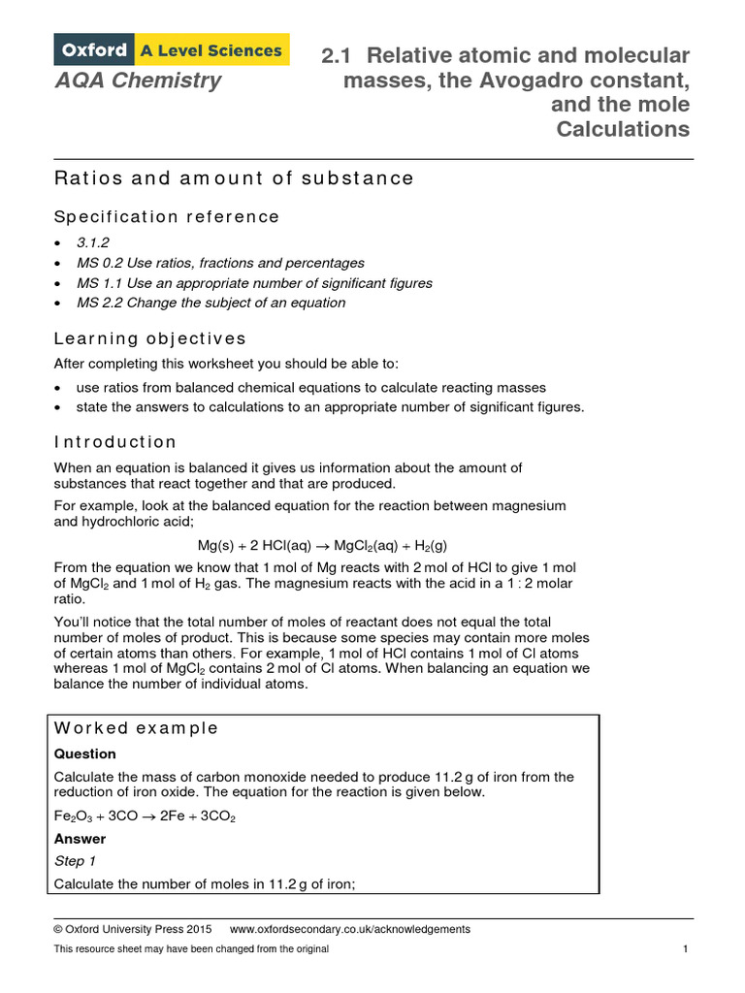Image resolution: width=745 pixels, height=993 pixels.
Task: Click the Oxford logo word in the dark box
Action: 95,49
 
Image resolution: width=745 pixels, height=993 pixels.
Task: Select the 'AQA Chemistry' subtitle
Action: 138,80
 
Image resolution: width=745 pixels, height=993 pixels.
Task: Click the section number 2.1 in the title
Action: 340,55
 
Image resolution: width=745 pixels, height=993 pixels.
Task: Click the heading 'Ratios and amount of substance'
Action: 234,178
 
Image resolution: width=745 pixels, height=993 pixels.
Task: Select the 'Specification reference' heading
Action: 167,216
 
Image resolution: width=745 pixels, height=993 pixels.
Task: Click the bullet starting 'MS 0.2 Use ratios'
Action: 220,263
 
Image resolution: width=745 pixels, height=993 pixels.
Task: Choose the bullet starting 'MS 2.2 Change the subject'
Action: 211,303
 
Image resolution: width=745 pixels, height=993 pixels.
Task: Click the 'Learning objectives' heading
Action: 150,338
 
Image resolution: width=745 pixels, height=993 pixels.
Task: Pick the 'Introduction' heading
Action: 115,442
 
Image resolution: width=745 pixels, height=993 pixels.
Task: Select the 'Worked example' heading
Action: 136,728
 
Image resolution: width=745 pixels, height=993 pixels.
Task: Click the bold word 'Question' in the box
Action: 84,753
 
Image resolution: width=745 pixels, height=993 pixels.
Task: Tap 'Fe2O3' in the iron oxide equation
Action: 73,817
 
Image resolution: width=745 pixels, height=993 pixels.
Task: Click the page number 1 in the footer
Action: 685,949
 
